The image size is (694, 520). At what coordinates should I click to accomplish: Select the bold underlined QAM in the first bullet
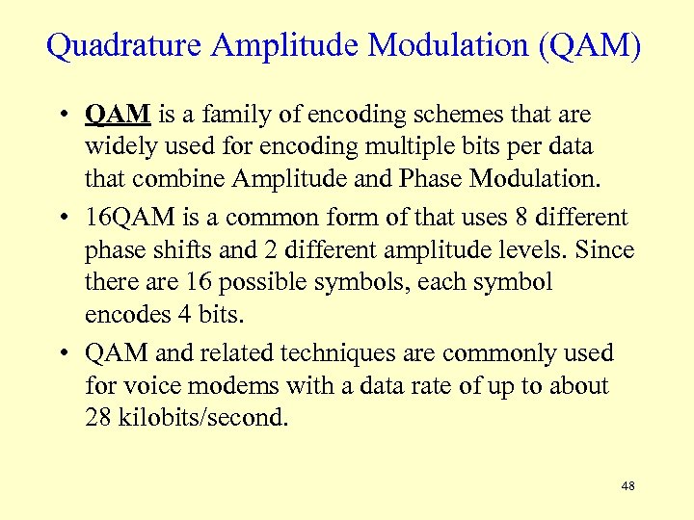[118, 116]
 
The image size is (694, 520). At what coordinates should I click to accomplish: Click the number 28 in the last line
[98, 419]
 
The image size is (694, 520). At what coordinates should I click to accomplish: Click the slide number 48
[627, 486]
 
